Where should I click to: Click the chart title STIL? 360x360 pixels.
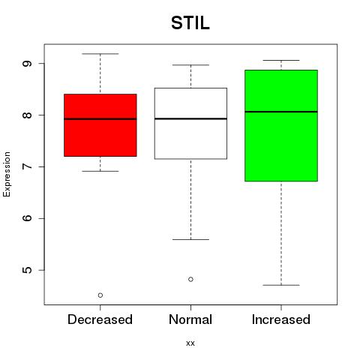click(190, 23)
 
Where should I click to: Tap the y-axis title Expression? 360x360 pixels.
click(7, 174)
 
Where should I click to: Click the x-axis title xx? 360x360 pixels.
click(190, 343)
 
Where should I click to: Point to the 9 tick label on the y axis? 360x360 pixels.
click(28, 63)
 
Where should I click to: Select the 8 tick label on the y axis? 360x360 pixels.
click(28, 115)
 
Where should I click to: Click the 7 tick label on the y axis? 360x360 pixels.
click(28, 166)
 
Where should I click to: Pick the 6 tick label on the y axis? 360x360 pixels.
click(28, 218)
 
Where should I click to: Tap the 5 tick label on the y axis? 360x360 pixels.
click(28, 270)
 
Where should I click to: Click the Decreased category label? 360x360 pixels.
click(100, 319)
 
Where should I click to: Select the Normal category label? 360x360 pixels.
click(190, 319)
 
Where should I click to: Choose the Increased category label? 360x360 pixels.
click(281, 319)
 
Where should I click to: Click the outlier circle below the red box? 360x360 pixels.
click(100, 295)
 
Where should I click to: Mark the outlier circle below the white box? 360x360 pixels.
click(190, 279)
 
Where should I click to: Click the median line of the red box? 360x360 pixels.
click(100, 119)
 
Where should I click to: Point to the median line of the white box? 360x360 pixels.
click(190, 118)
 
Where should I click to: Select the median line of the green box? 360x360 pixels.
click(281, 112)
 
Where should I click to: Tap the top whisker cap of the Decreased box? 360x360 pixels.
click(100, 54)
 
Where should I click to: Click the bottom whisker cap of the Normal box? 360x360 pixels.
click(190, 239)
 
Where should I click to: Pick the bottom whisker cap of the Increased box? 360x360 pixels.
click(281, 285)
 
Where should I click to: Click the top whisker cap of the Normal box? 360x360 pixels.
click(190, 65)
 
